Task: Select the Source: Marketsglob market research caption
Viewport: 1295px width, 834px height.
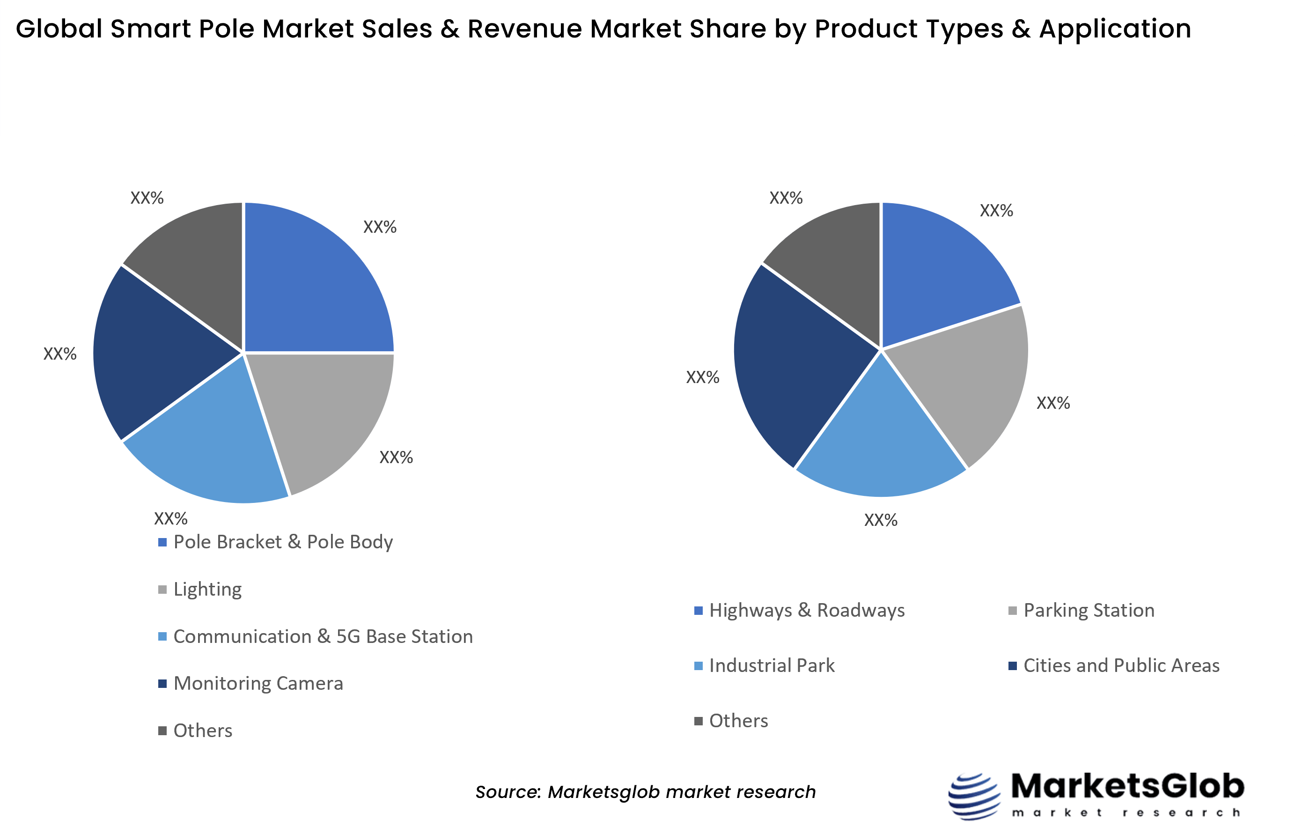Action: pyautogui.click(x=645, y=792)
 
